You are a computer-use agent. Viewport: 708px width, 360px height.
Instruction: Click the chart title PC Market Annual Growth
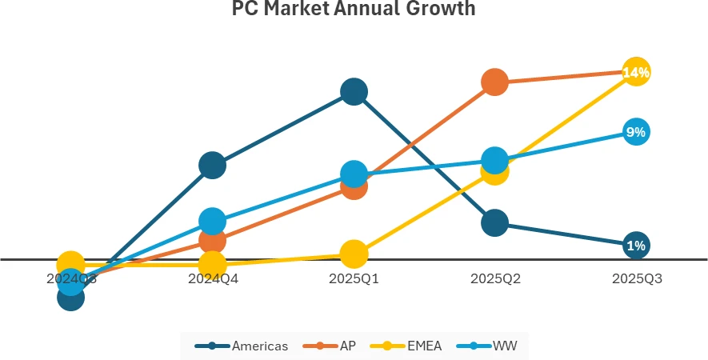[x=354, y=10]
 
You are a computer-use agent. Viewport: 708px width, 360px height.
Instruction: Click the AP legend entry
[x=329, y=346]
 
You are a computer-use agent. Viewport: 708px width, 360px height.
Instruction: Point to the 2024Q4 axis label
[x=212, y=279]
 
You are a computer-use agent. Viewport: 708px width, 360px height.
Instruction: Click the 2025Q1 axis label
[x=354, y=279]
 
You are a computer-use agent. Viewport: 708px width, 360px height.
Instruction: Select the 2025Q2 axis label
[x=495, y=279]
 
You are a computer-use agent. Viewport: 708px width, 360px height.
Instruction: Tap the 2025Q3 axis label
[x=637, y=279]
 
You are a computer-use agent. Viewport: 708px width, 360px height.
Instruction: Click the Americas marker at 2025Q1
[x=354, y=92]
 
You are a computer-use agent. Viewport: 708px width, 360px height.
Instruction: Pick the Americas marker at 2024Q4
[x=212, y=166]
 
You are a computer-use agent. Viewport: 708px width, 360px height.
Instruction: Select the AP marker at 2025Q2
[x=495, y=81]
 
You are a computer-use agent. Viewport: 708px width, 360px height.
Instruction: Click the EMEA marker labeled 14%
[x=636, y=72]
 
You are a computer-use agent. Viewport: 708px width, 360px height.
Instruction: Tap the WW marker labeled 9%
[x=636, y=132]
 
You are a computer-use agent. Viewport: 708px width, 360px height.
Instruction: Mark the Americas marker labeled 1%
[x=636, y=245]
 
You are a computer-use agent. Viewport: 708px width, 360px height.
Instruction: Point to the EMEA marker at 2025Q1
[x=354, y=254]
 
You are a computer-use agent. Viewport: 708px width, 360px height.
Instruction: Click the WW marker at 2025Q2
[x=495, y=160]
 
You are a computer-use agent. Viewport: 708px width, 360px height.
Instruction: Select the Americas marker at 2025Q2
[x=495, y=222]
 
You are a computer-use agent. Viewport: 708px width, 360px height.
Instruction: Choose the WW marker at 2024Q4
[x=212, y=221]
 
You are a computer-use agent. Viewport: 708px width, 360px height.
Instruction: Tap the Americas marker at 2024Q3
[x=71, y=298]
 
